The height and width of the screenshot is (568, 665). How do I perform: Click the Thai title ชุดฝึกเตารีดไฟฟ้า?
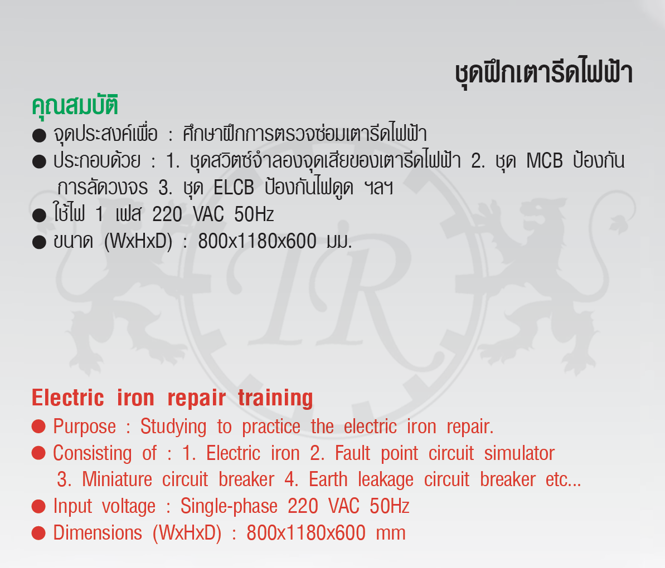[x=543, y=74]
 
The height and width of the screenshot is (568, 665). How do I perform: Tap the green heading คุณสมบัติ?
[x=75, y=105]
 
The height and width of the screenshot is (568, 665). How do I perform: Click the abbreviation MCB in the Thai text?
[x=545, y=161]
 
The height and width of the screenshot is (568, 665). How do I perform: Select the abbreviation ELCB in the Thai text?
[x=234, y=188]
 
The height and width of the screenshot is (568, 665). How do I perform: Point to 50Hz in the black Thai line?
[x=254, y=214]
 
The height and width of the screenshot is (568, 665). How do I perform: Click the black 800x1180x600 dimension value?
[x=258, y=242]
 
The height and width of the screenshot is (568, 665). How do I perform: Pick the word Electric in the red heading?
[x=68, y=398]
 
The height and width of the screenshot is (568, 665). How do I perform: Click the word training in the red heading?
[x=276, y=399]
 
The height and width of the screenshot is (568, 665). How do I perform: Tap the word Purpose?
[x=84, y=427]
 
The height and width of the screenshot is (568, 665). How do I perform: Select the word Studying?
[x=173, y=427]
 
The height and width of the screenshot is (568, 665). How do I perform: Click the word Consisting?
[x=93, y=454]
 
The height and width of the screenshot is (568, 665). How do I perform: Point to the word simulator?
[x=520, y=453]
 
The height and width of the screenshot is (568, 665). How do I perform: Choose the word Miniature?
[x=117, y=479]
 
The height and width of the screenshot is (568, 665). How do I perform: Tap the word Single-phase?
[x=229, y=507]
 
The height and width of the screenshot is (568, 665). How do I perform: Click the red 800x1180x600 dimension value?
[x=306, y=533]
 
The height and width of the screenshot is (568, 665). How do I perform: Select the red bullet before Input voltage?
[x=38, y=507]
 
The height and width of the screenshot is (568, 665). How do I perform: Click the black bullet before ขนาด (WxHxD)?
[x=39, y=242]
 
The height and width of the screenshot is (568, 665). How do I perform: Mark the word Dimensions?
[x=98, y=533]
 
